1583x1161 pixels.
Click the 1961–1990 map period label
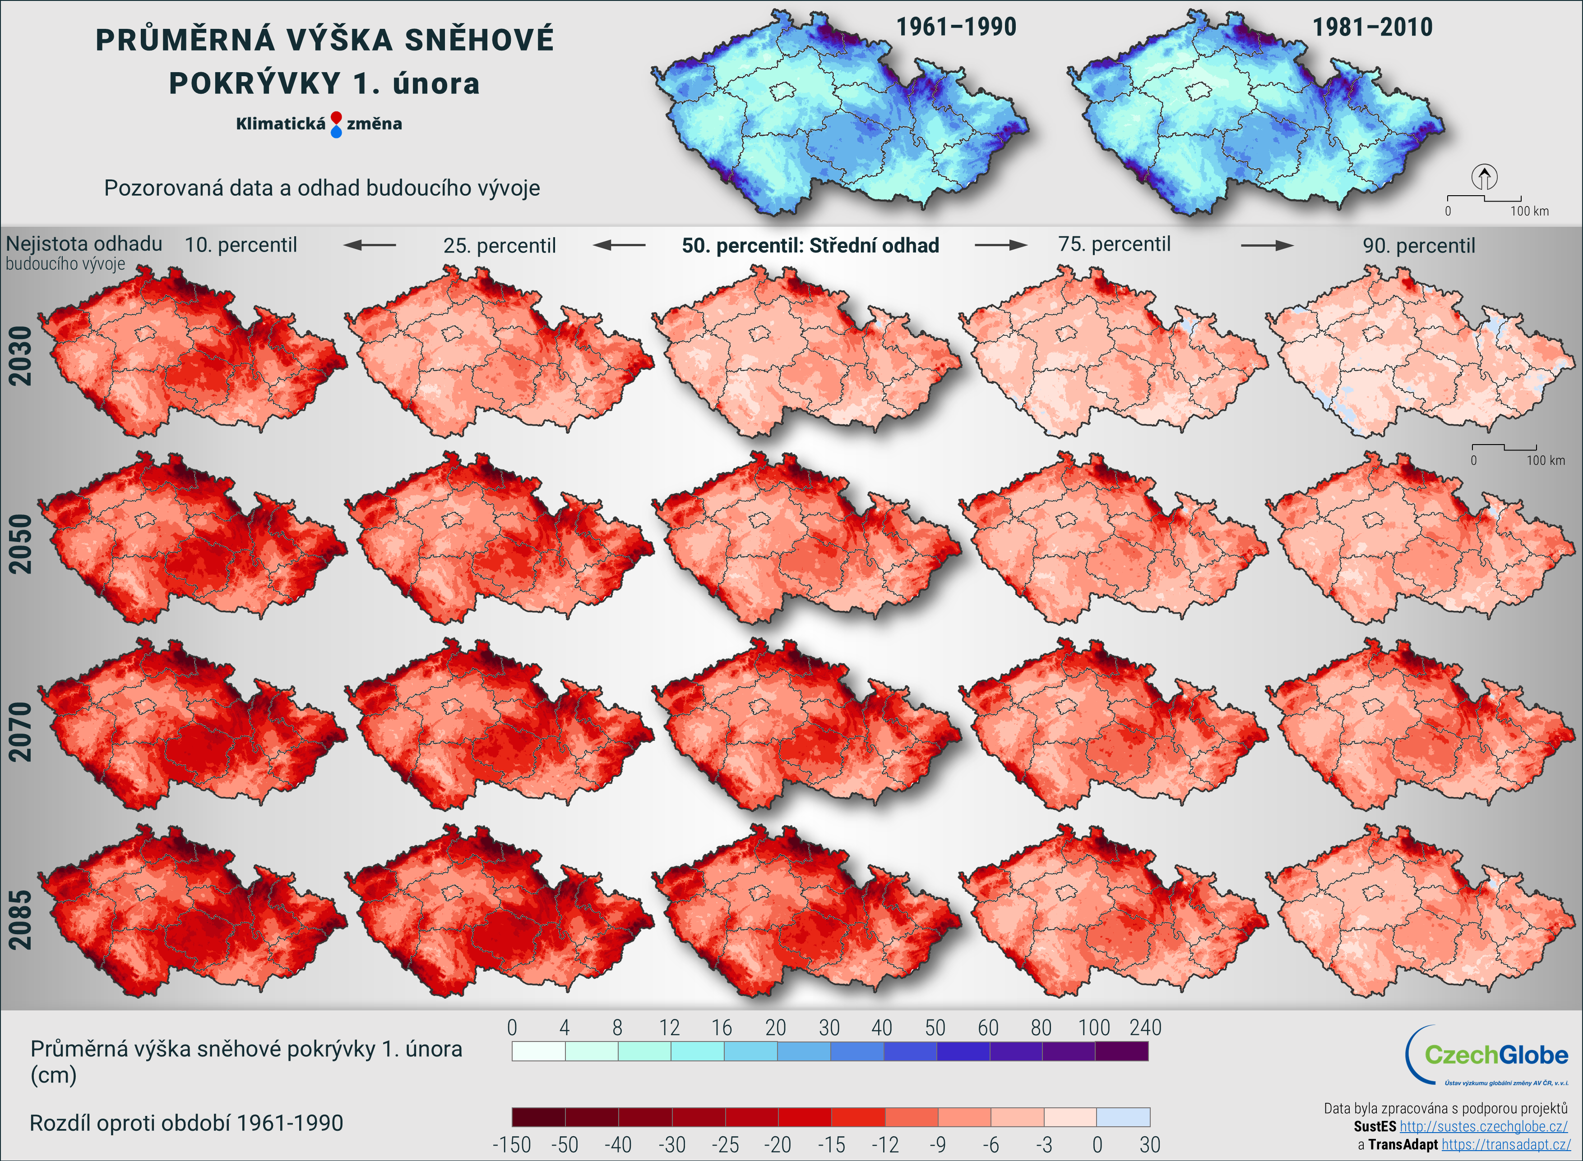point(956,28)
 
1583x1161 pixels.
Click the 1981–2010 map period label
point(1372,28)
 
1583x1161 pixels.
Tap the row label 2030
point(20,356)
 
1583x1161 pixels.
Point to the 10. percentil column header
point(241,245)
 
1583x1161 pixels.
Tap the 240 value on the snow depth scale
point(1145,1028)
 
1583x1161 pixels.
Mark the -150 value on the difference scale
point(511,1145)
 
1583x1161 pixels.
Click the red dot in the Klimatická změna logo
point(336,117)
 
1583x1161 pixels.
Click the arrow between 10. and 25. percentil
point(370,245)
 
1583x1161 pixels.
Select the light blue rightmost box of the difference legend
point(1123,1117)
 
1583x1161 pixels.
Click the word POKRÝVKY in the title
point(255,83)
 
